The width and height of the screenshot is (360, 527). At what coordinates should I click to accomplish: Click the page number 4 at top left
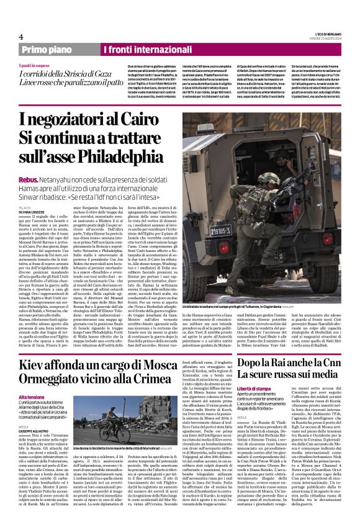(21, 36)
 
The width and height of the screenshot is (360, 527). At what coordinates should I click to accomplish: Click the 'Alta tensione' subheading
(32, 397)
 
